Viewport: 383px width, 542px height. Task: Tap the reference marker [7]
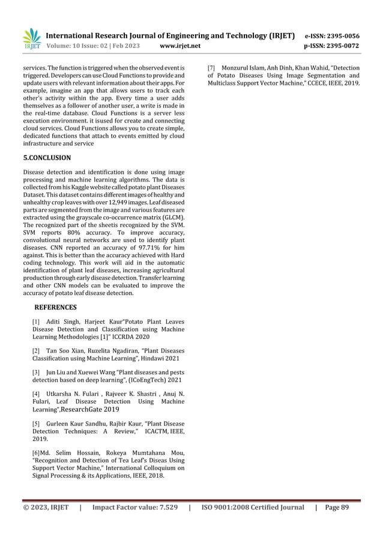click(212, 67)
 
